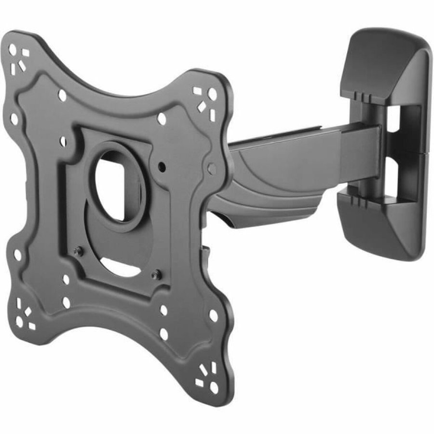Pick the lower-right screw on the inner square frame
point(155,275)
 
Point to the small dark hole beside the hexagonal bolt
point(162,166)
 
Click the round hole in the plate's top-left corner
point(13,50)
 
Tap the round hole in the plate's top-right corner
point(212,95)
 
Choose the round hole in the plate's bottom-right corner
point(214,386)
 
